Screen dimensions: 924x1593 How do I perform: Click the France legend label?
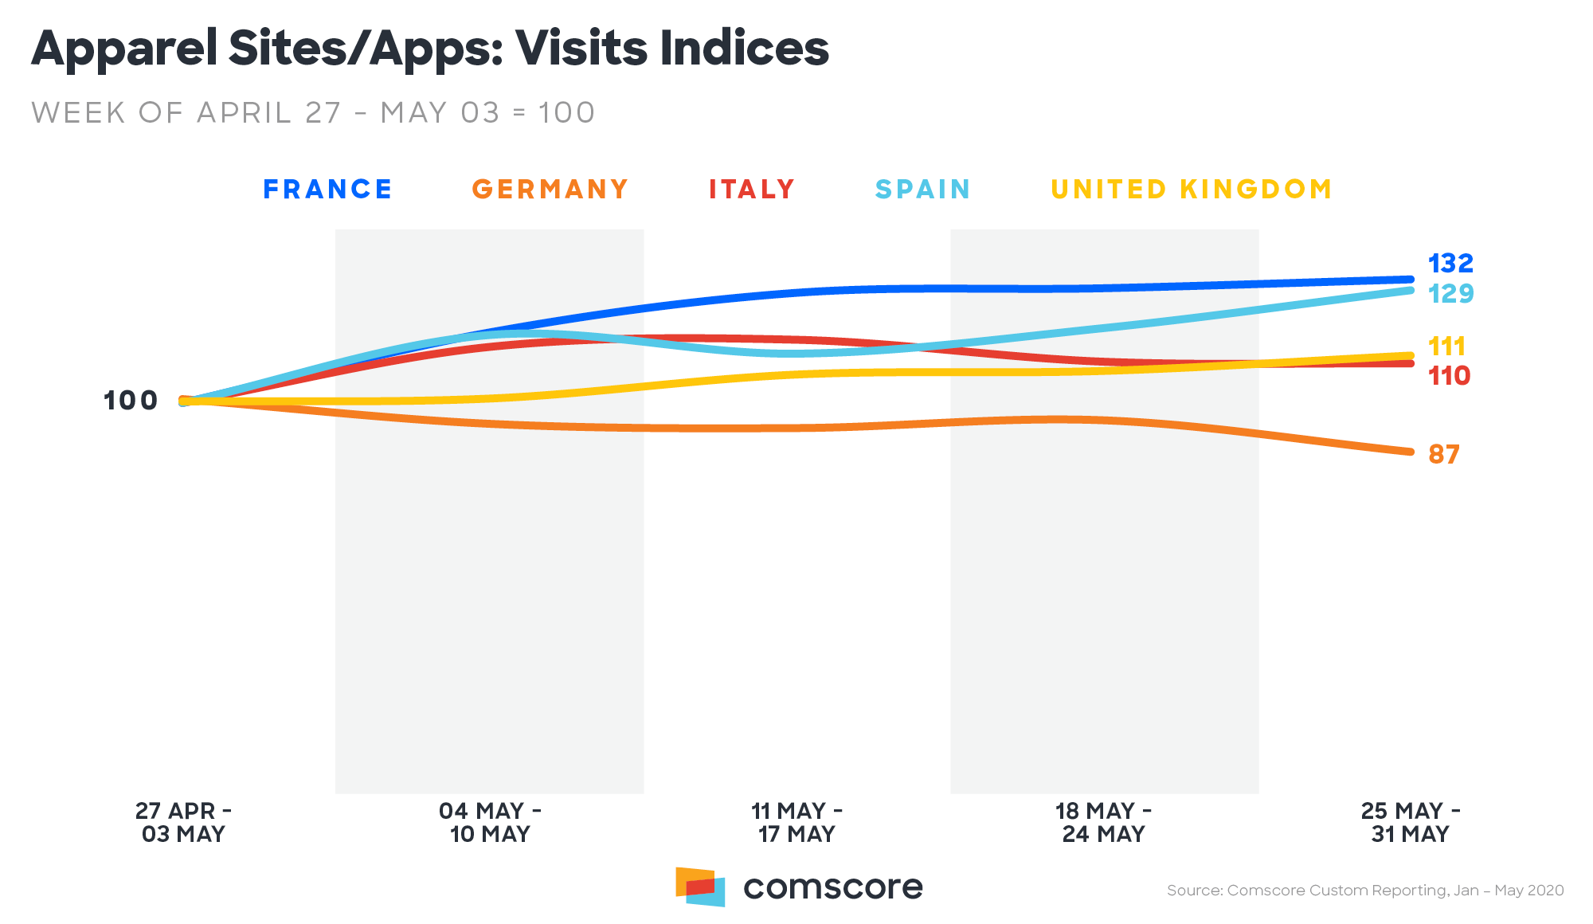pyautogui.click(x=327, y=190)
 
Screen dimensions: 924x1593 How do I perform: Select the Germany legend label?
pyautogui.click(x=550, y=190)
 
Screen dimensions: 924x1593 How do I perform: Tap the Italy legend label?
pyautogui.click(x=752, y=190)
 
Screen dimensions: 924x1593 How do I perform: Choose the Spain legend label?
pyautogui.click(x=922, y=190)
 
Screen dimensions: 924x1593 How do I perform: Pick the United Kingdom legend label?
pyautogui.click(x=1192, y=190)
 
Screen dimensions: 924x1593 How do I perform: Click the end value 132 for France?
pyautogui.click(x=1450, y=263)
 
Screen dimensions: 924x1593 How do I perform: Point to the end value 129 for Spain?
pyautogui.click(x=1450, y=294)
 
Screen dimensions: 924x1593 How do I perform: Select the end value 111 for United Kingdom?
pyautogui.click(x=1446, y=346)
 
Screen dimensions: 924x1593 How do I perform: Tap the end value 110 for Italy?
pyautogui.click(x=1449, y=376)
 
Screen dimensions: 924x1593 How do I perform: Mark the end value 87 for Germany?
pyautogui.click(x=1443, y=455)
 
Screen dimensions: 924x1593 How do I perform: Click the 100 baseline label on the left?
pyautogui.click(x=131, y=401)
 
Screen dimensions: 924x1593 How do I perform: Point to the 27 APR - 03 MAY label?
pyautogui.click(x=183, y=823)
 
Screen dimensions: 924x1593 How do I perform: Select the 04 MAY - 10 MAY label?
pyautogui.click(x=490, y=823)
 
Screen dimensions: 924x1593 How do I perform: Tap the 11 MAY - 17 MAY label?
pyautogui.click(x=796, y=823)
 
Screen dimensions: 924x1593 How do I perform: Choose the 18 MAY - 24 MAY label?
pyautogui.click(x=1103, y=823)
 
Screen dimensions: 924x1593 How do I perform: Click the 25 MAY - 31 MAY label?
pyautogui.click(x=1410, y=823)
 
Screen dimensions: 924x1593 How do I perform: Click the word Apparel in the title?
pyautogui.click(x=124, y=49)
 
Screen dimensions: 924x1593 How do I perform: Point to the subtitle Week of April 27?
pyautogui.click(x=313, y=113)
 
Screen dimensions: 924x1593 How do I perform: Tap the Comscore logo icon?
pyautogui.click(x=700, y=887)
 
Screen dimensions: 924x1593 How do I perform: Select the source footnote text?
pyautogui.click(x=1365, y=891)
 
